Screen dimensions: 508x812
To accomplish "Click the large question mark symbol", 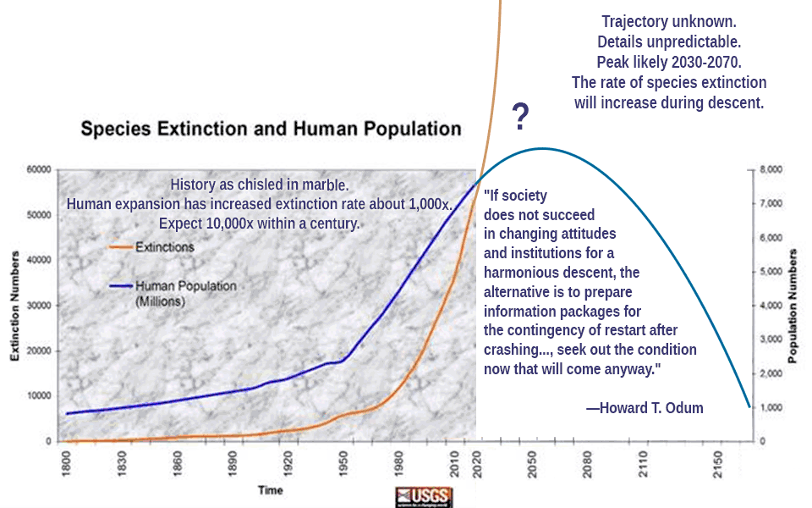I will click(521, 117).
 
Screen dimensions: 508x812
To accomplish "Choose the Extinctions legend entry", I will click(164, 247).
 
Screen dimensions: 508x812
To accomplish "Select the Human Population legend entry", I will click(185, 286).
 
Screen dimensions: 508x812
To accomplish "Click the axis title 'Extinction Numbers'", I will click(14, 306).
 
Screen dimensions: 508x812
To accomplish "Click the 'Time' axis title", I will click(271, 490).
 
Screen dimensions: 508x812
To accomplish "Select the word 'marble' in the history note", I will click(322, 185).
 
